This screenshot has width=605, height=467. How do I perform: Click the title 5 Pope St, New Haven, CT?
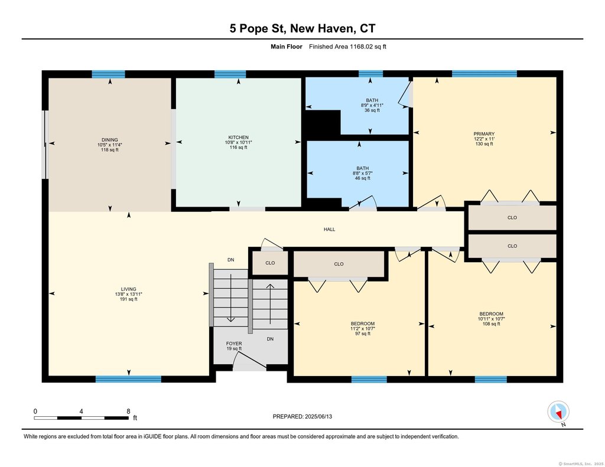pos(302,28)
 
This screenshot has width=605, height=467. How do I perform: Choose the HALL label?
pos(329,229)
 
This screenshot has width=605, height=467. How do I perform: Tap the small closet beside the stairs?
pos(270,263)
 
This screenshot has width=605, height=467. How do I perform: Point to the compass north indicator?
pos(558,412)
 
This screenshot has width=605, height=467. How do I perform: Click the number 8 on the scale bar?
pos(128,412)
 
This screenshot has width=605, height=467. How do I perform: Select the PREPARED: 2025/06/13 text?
pos(302,416)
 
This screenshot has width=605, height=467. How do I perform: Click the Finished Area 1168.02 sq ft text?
pos(347,47)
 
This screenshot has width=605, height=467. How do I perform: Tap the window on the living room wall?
pos(128,379)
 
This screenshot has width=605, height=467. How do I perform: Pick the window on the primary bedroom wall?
pos(484,74)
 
